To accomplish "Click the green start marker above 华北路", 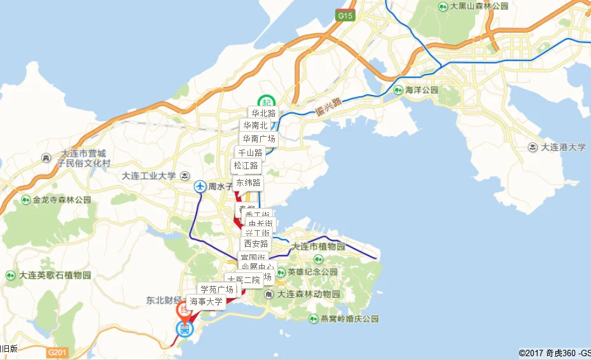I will click(x=264, y=102).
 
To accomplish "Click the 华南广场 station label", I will click(x=258, y=139).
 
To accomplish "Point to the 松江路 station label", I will click(x=246, y=166).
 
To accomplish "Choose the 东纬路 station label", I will click(x=248, y=183).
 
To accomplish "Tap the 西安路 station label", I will click(x=256, y=244).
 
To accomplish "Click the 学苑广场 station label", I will click(x=216, y=289).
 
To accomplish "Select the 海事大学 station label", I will click(x=206, y=301).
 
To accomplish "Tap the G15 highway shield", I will click(x=345, y=15).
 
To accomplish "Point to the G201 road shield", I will click(x=57, y=350).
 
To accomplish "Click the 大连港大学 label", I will click(x=563, y=147).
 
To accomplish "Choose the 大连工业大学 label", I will click(x=148, y=176).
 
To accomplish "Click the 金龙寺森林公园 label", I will click(x=62, y=200).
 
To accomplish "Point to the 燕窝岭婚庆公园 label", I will click(x=349, y=319).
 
